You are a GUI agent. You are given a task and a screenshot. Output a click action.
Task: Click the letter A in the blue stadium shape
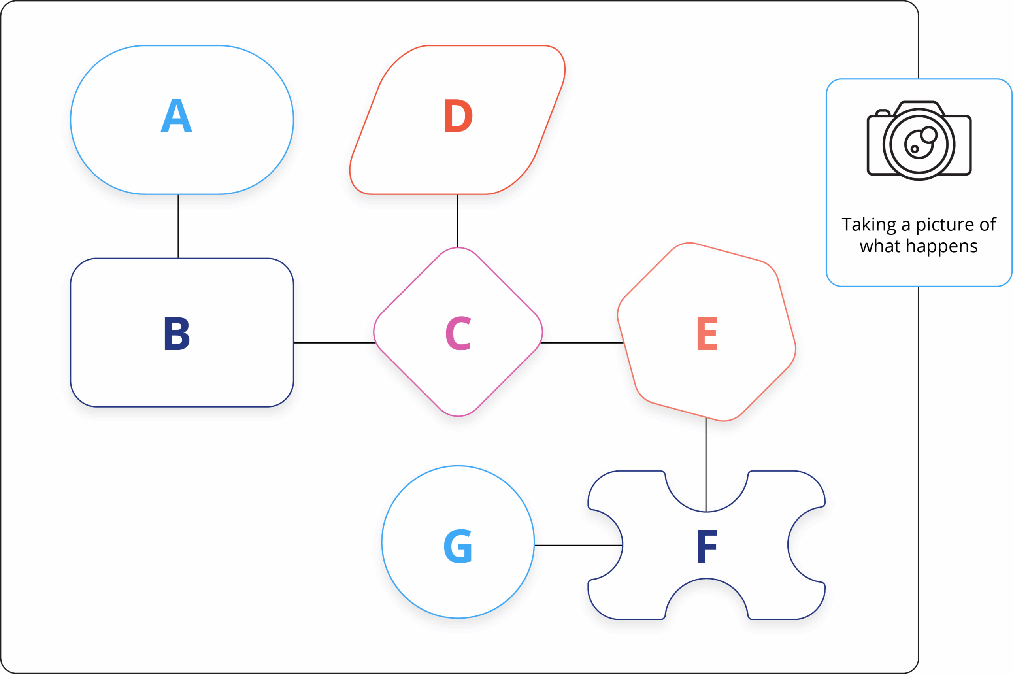coord(176,116)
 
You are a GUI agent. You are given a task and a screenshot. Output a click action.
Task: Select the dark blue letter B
coord(177,333)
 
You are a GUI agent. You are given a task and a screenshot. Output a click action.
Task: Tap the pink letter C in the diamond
coord(458,333)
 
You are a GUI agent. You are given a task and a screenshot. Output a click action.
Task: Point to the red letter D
coord(458,116)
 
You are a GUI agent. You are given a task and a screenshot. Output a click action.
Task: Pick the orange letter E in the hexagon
coord(707,333)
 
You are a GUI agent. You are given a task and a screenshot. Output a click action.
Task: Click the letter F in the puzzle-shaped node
coord(707,546)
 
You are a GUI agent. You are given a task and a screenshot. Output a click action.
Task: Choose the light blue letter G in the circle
coord(458,546)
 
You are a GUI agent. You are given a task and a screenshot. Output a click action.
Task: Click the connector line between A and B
coord(178,226)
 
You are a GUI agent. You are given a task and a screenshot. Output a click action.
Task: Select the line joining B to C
coord(334,343)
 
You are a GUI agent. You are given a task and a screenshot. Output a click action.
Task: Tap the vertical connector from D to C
coord(457,221)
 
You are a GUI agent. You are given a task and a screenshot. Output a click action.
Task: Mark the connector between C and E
coord(582,343)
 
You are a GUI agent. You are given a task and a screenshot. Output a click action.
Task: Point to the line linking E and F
coord(706,464)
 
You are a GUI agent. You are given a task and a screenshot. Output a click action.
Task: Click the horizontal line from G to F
coord(579,545)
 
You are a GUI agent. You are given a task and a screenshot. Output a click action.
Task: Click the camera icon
coord(919,141)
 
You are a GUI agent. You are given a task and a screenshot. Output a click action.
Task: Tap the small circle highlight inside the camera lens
coord(929,135)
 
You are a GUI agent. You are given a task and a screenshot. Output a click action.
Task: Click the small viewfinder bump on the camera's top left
coord(883,113)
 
